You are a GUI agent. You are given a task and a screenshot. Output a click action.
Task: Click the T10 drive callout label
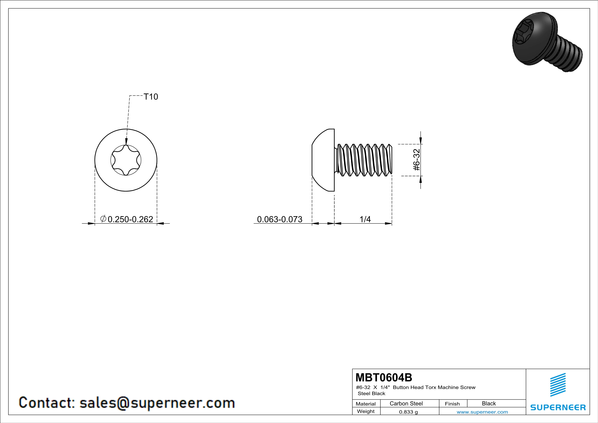click(x=151, y=97)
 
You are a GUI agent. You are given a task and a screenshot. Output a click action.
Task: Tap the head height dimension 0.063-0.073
click(x=279, y=219)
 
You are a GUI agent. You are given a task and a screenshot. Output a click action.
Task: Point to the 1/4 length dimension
click(x=365, y=219)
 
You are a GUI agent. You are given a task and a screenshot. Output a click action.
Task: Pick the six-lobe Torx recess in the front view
click(x=126, y=160)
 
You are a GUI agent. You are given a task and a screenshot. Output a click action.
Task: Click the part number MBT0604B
click(x=384, y=377)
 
